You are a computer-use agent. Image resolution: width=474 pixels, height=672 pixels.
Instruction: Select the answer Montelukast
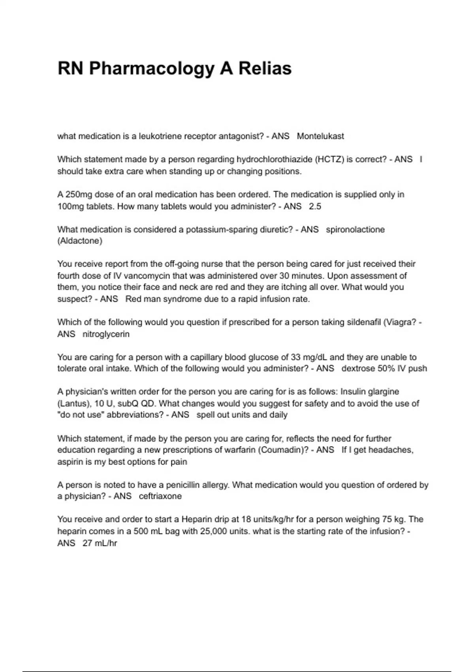[320, 136]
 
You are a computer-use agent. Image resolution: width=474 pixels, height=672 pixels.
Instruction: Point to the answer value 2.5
[315, 206]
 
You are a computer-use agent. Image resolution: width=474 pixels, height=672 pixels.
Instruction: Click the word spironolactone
[355, 230]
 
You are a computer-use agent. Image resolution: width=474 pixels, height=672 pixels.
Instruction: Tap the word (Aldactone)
[80, 241]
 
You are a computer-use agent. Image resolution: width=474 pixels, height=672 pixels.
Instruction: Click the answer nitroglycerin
[106, 334]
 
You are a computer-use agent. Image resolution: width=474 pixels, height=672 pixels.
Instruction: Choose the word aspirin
[70, 462]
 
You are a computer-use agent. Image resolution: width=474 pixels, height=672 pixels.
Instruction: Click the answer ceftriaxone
[160, 496]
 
